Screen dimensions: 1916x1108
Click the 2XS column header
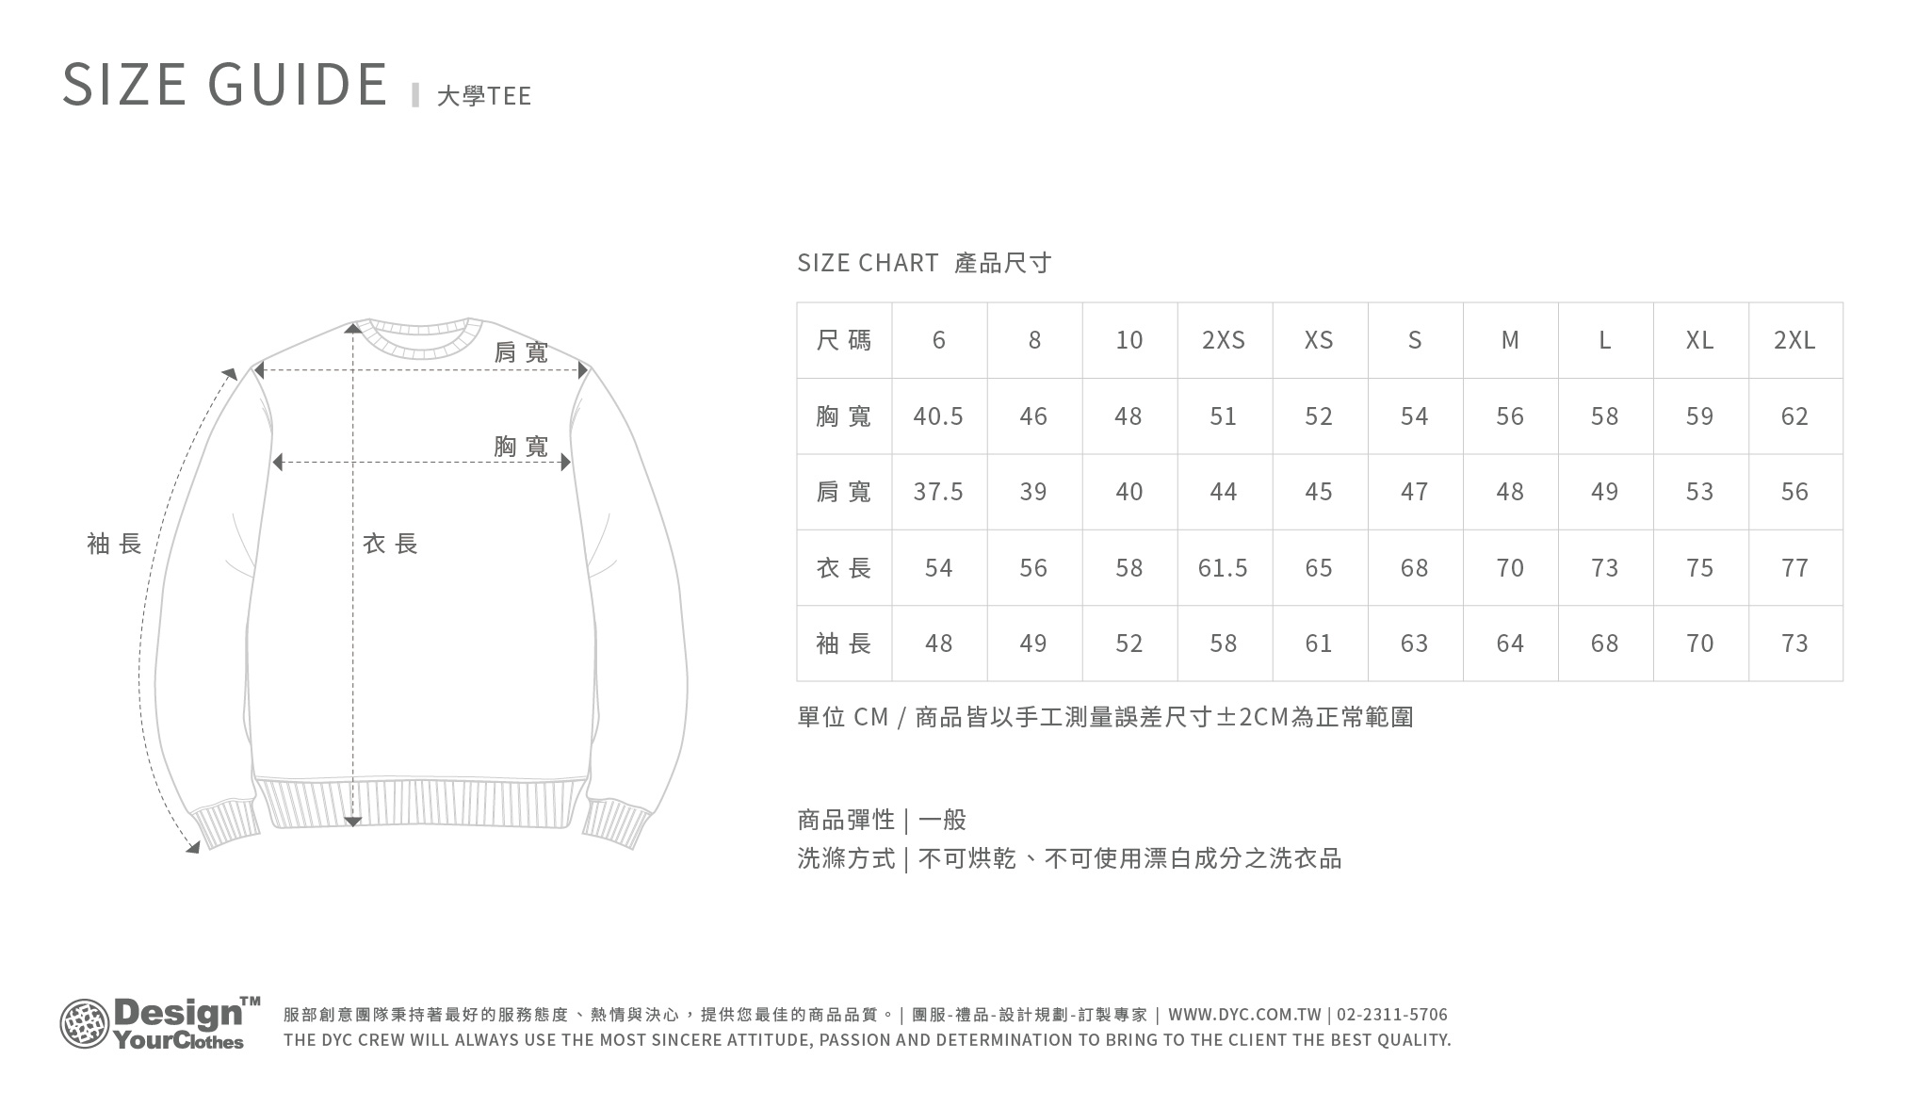pos(1224,340)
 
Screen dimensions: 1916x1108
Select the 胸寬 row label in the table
pos(844,416)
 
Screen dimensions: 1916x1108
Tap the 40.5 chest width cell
pos(938,416)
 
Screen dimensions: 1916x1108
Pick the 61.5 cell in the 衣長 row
pos(1223,568)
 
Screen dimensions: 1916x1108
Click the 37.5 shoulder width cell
pos(938,492)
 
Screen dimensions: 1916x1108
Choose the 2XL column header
pos(1794,340)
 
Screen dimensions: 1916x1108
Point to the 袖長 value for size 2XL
pos(1794,644)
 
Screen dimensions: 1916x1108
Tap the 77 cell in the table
pos(1794,568)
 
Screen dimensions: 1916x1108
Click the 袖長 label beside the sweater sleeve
pos(114,544)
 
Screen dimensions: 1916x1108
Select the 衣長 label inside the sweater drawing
pos(390,544)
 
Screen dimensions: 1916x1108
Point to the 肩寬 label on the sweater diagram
pos(521,353)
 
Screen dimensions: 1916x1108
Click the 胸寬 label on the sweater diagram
pos(521,447)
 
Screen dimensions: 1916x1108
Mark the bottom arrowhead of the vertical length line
pos(352,823)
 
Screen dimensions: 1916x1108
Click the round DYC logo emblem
pos(85,1024)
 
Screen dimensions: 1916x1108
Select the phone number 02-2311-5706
pos(1392,1015)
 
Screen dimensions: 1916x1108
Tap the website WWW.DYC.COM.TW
pos(1244,1015)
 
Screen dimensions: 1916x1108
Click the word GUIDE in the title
pos(298,84)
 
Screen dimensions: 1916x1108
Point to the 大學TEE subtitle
pos(484,95)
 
